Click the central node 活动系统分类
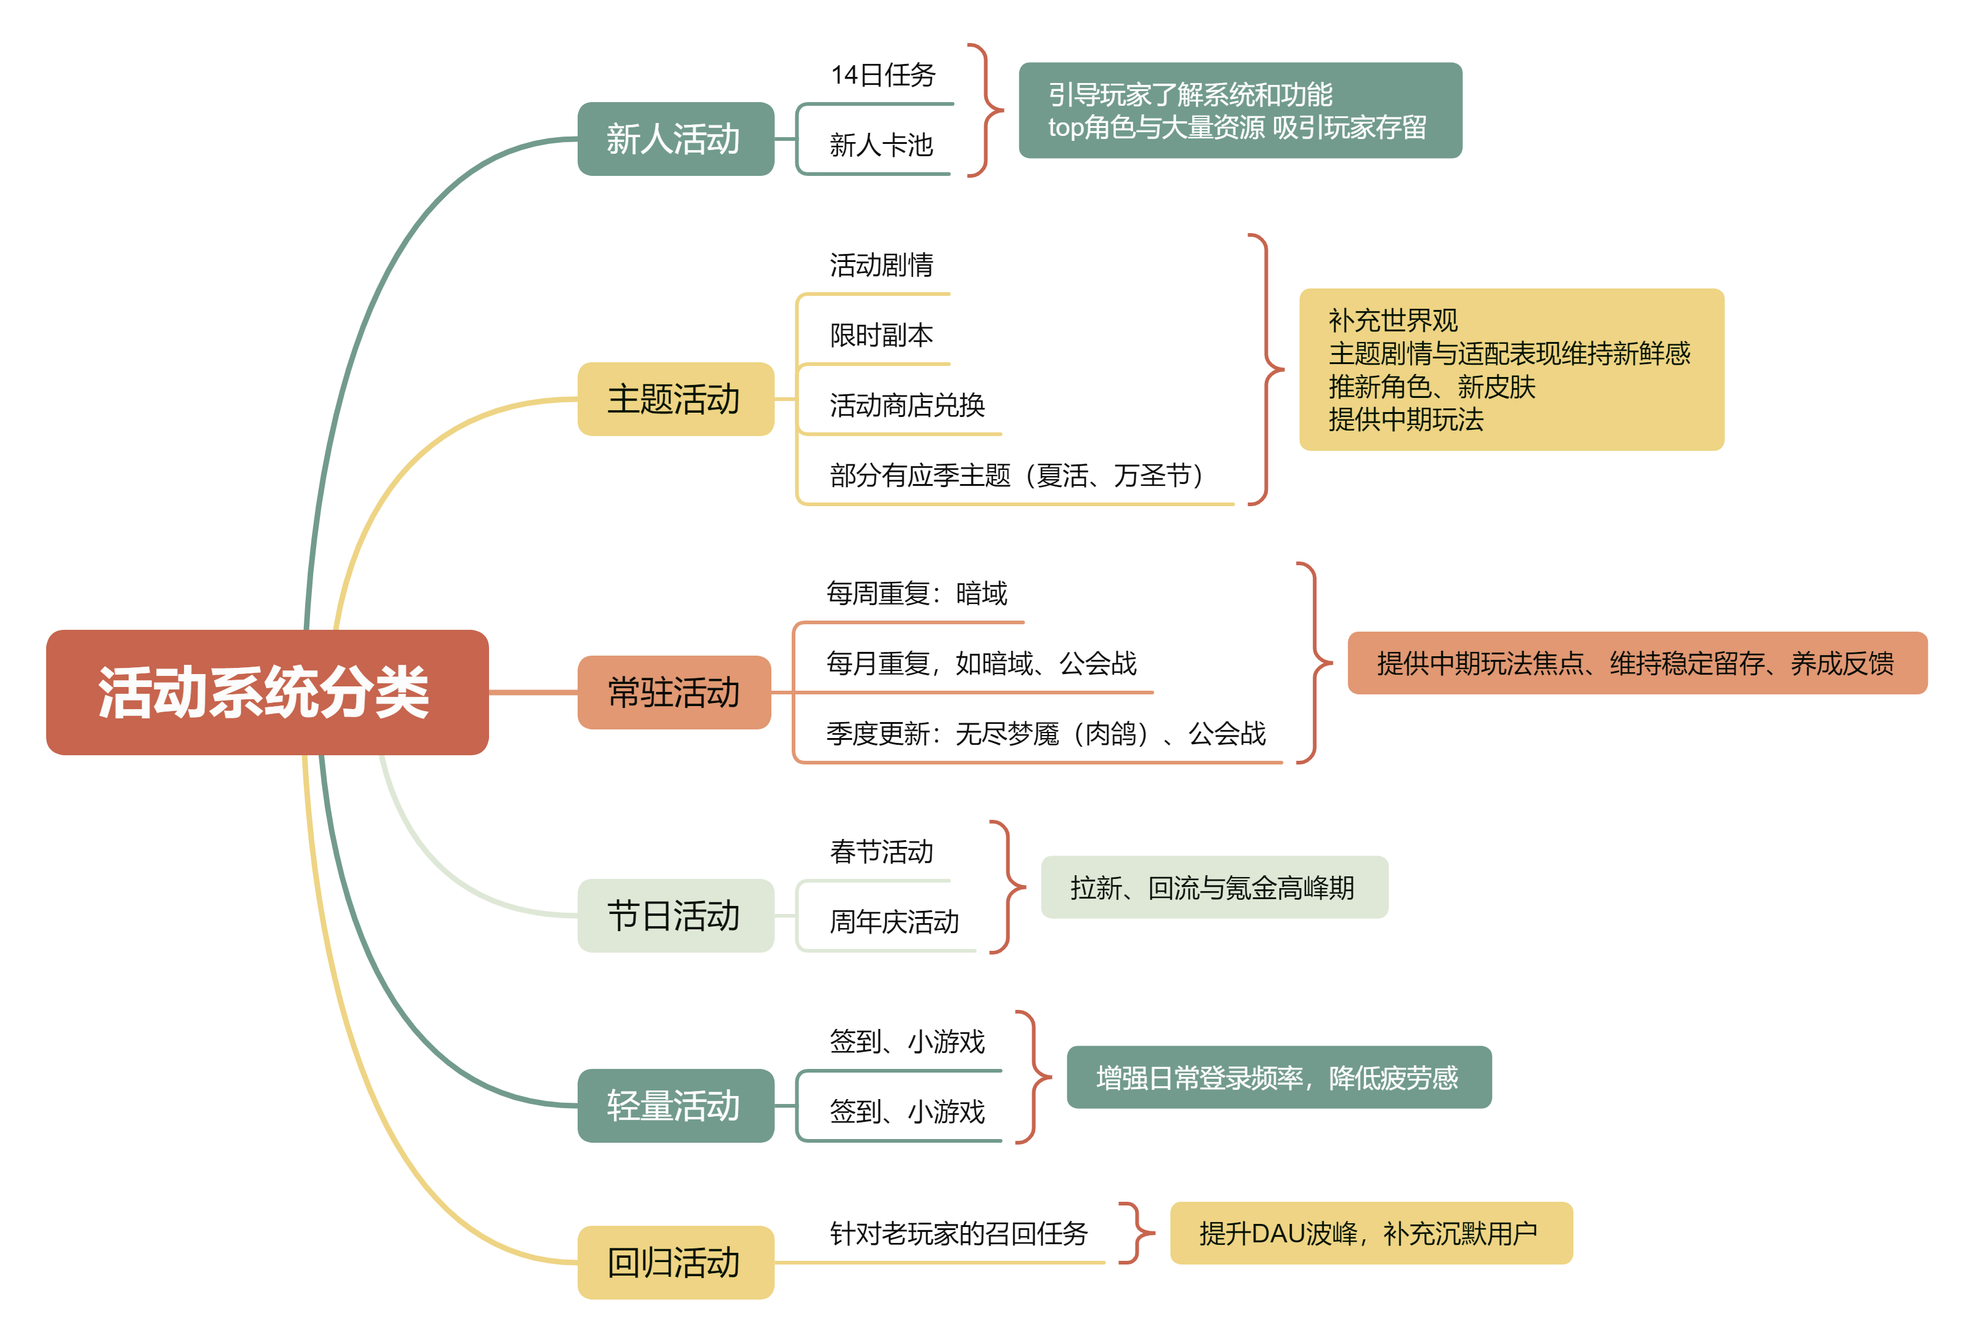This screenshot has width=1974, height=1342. (x=267, y=693)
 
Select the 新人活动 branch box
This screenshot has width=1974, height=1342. (x=675, y=138)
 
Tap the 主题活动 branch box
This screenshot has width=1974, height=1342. (x=675, y=399)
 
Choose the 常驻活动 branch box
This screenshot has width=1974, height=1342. (x=674, y=693)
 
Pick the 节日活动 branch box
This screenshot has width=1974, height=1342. (x=675, y=916)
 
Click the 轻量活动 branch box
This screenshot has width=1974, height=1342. (x=675, y=1105)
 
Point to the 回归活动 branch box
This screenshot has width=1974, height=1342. (x=675, y=1262)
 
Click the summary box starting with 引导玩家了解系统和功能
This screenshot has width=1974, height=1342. (x=1240, y=111)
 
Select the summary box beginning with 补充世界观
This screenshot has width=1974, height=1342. (x=1511, y=370)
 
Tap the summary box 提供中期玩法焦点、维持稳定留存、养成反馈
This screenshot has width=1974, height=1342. (x=1637, y=664)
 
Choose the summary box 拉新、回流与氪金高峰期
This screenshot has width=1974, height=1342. (x=1214, y=887)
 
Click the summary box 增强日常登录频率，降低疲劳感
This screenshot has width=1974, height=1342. (x=1278, y=1077)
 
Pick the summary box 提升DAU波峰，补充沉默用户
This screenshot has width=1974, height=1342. (x=1370, y=1233)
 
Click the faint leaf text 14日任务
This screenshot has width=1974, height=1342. (x=883, y=76)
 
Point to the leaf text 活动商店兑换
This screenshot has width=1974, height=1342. (x=907, y=405)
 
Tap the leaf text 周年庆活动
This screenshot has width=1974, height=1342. (x=894, y=921)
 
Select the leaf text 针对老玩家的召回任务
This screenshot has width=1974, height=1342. (x=958, y=1233)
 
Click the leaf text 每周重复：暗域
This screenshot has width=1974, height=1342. (x=917, y=593)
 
